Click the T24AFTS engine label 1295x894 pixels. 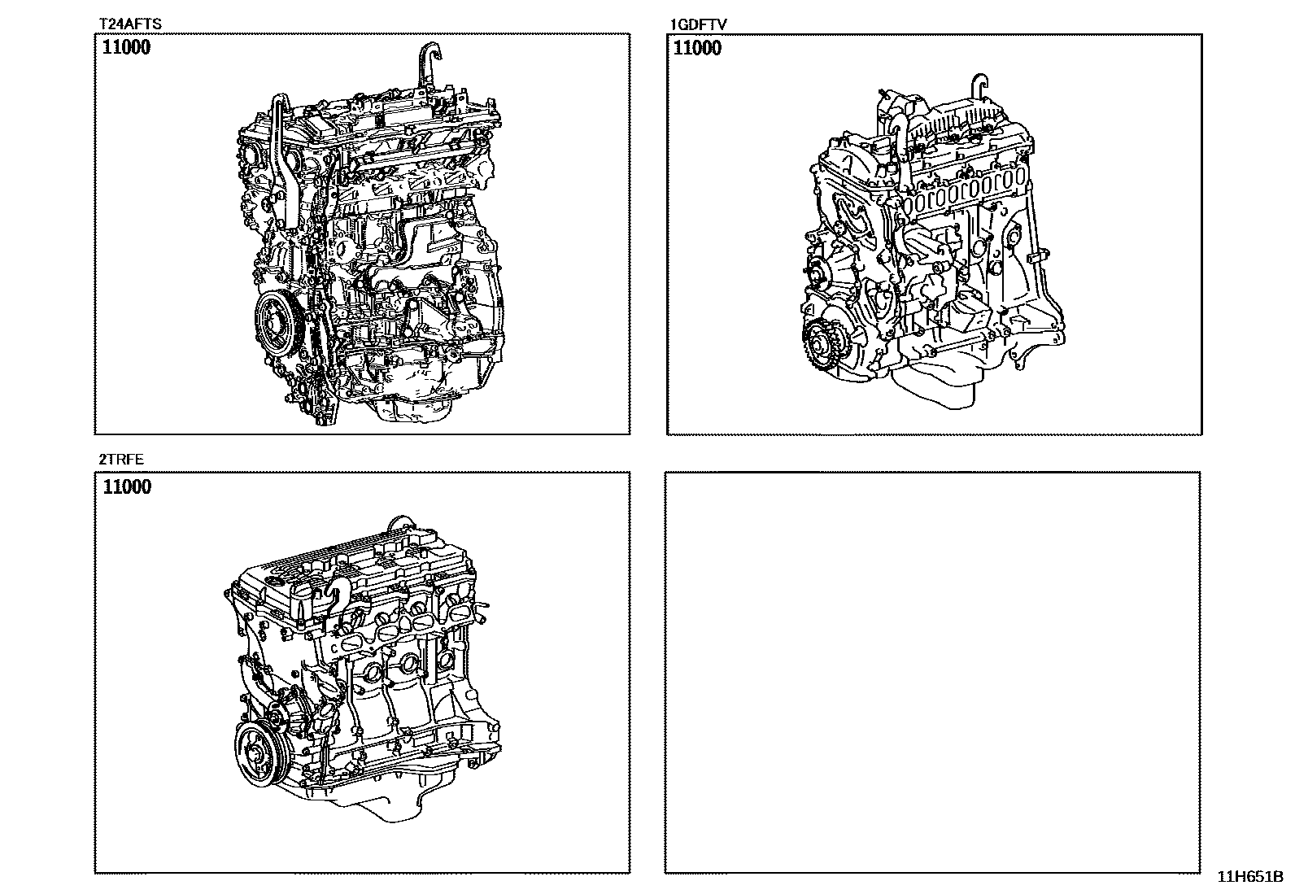point(130,24)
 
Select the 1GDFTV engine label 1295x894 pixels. point(699,24)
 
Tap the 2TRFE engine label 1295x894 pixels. point(121,459)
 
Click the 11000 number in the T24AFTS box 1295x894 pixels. point(126,47)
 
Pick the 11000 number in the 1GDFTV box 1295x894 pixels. point(697,47)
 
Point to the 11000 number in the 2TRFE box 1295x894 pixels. point(127,486)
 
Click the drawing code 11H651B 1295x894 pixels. point(1250,877)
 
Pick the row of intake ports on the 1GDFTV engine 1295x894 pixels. point(962,191)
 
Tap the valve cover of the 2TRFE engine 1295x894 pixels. point(359,564)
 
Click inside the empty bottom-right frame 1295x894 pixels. point(932,672)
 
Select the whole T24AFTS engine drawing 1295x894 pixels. point(370,234)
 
